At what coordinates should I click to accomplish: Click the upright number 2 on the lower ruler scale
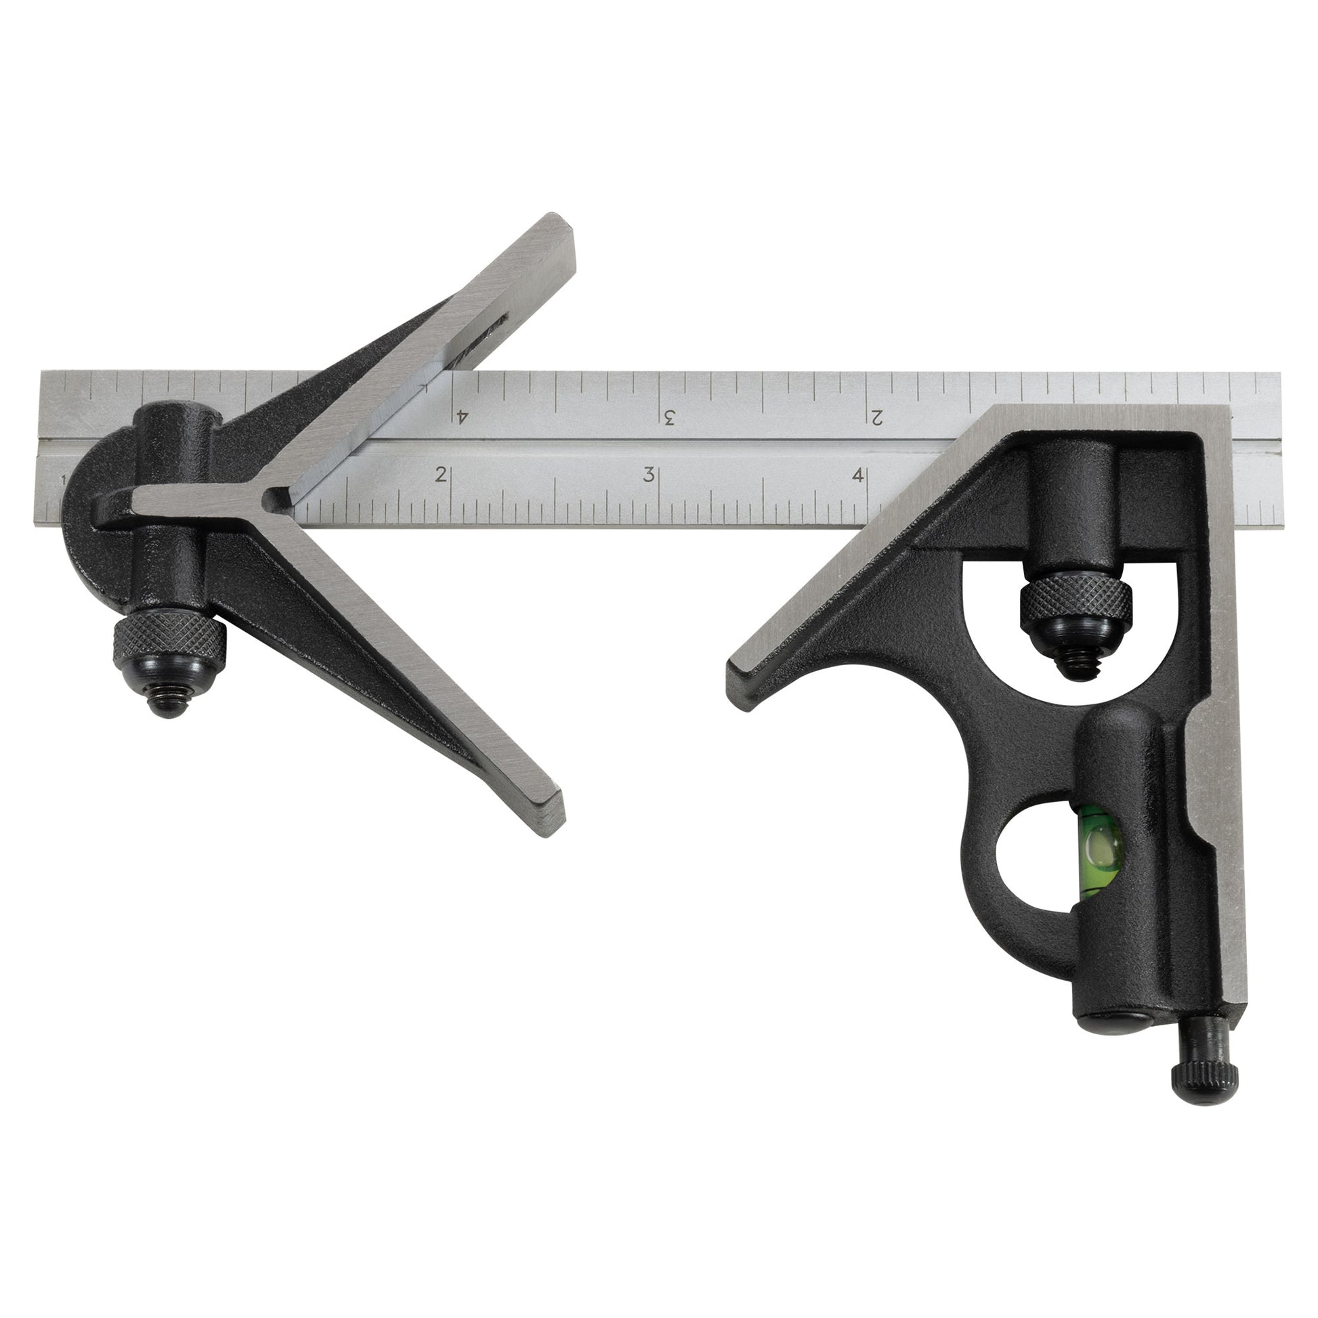point(442,474)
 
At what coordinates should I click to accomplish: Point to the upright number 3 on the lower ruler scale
point(649,474)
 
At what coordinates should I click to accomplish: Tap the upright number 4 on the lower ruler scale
point(857,475)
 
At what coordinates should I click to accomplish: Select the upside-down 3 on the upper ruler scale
point(669,416)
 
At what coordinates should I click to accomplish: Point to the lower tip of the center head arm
point(554,816)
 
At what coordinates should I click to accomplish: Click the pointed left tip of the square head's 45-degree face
point(737,672)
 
